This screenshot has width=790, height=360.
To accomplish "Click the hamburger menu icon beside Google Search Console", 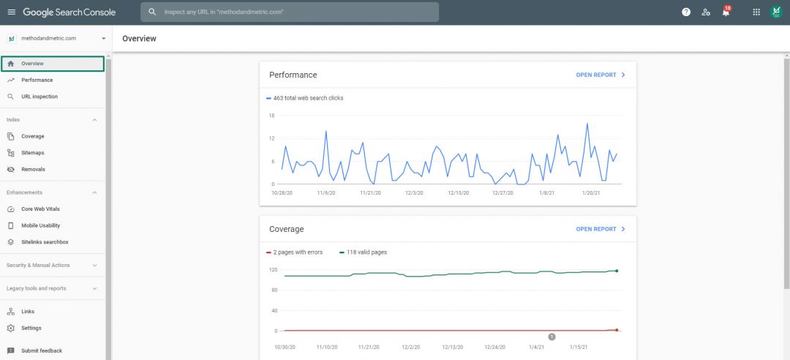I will (x=11, y=12).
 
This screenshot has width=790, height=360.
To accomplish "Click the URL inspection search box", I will (x=290, y=12).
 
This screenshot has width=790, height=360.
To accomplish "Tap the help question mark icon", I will (x=686, y=12).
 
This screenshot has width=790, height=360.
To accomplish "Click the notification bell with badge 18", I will (x=726, y=12).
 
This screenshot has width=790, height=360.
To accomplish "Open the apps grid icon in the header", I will (x=756, y=12).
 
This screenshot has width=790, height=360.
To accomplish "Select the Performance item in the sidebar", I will (x=37, y=80).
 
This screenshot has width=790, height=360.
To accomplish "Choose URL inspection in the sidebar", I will (x=39, y=97).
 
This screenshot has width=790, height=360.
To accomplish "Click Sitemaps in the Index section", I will (x=33, y=153).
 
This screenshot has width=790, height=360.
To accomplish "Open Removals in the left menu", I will (x=33, y=169).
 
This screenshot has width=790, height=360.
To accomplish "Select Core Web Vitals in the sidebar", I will (x=40, y=209).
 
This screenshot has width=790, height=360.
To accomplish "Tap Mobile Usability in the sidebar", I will (x=40, y=225).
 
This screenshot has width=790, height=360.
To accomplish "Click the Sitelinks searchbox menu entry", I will (x=45, y=242).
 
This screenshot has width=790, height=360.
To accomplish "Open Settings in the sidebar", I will (x=31, y=328).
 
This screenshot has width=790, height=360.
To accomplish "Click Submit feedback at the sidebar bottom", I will (x=41, y=350).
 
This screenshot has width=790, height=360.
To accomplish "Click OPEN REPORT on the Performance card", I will (x=601, y=75).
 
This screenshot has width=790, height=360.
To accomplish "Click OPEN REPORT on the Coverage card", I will (x=601, y=229).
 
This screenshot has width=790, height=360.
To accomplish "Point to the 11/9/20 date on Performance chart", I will (x=326, y=193).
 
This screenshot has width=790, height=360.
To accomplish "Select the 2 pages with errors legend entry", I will (x=297, y=252).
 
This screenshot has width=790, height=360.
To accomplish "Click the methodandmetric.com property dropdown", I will (x=56, y=38).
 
